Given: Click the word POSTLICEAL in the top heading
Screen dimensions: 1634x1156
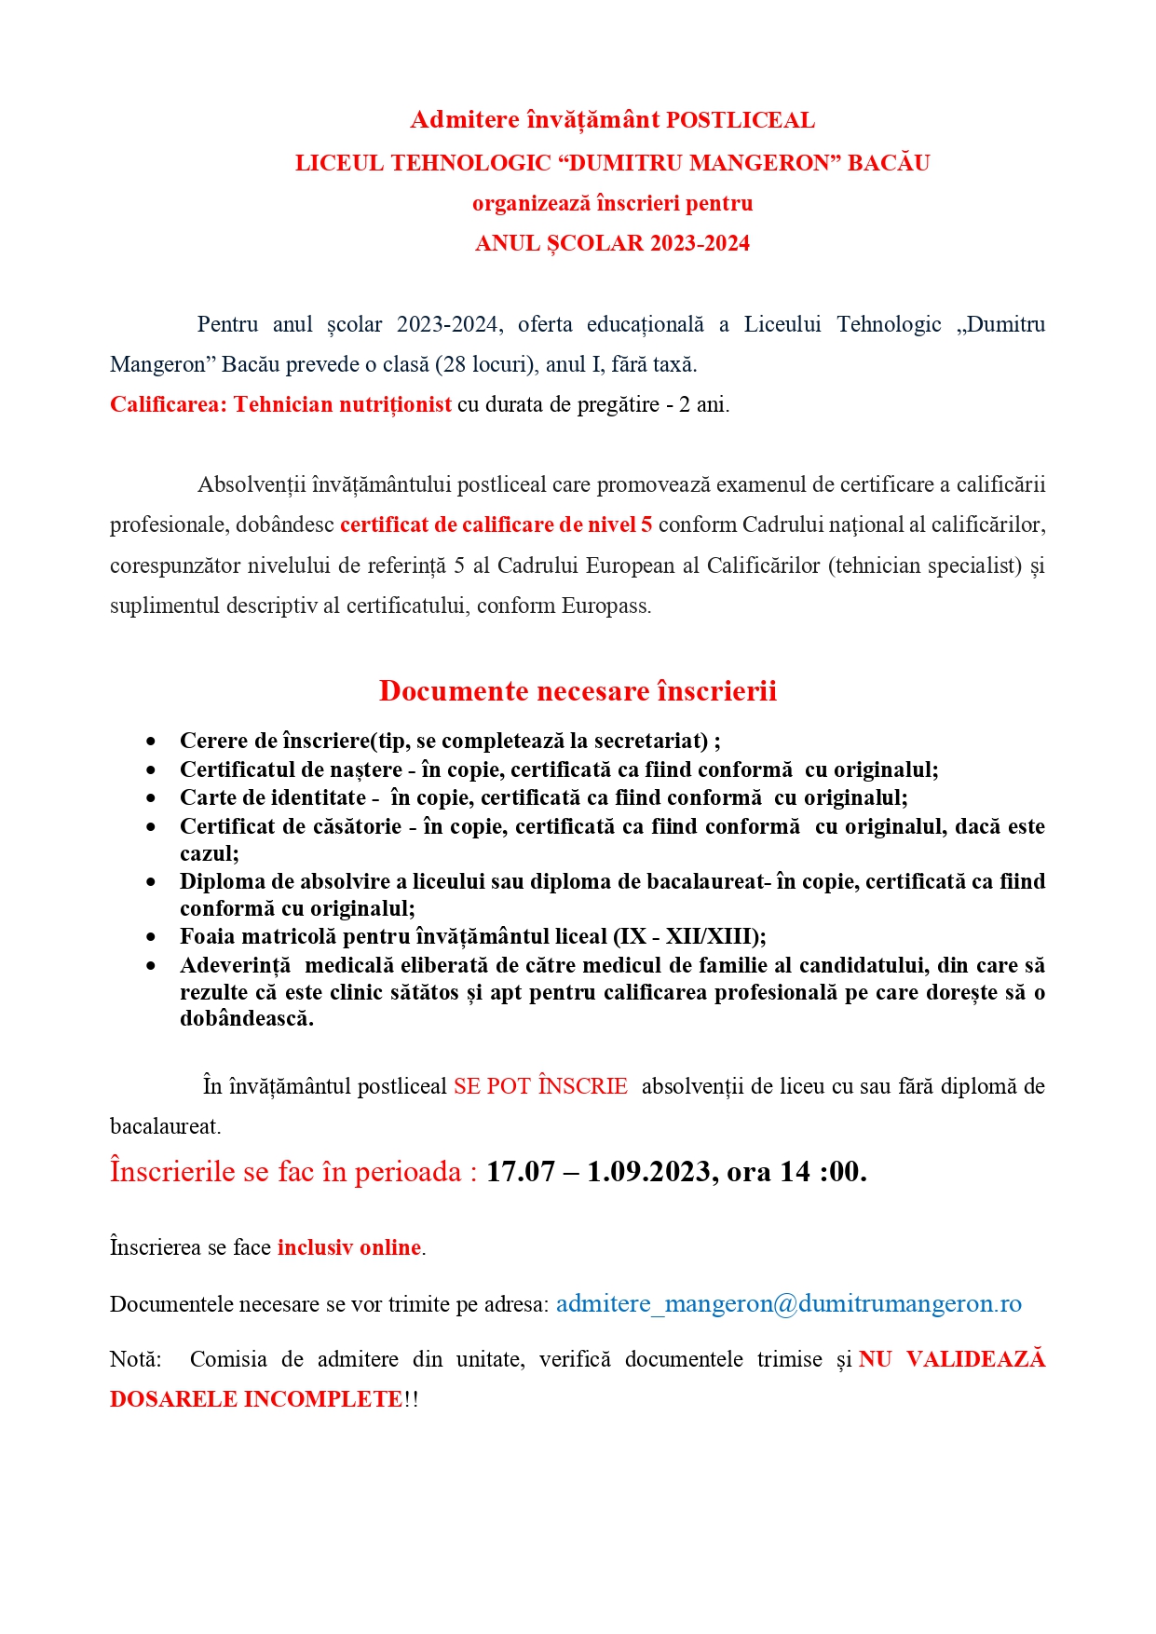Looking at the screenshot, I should (x=741, y=120).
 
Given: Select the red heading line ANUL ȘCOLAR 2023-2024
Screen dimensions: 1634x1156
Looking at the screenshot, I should (x=612, y=243).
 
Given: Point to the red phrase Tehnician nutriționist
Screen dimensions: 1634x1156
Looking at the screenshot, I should (x=342, y=404).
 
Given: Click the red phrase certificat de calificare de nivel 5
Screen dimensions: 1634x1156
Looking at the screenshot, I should (x=496, y=524).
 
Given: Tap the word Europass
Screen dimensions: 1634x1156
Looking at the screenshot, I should (x=605, y=606).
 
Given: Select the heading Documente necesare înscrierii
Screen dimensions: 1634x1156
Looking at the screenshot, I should (x=578, y=691).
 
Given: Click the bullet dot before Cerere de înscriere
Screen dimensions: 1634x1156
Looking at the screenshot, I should (x=151, y=742).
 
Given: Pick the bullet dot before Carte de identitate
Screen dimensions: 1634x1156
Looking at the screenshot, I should (x=151, y=798).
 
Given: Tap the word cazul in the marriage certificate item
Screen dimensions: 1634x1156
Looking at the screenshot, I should (x=208, y=853).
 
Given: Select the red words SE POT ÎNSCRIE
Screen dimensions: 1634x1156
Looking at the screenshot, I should (x=540, y=1086).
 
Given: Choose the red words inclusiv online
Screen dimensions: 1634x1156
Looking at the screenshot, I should (x=349, y=1247).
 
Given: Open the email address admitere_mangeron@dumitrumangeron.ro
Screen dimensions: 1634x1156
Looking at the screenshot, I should (x=788, y=1303).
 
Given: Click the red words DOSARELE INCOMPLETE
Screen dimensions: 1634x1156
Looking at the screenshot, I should (x=256, y=1399).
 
